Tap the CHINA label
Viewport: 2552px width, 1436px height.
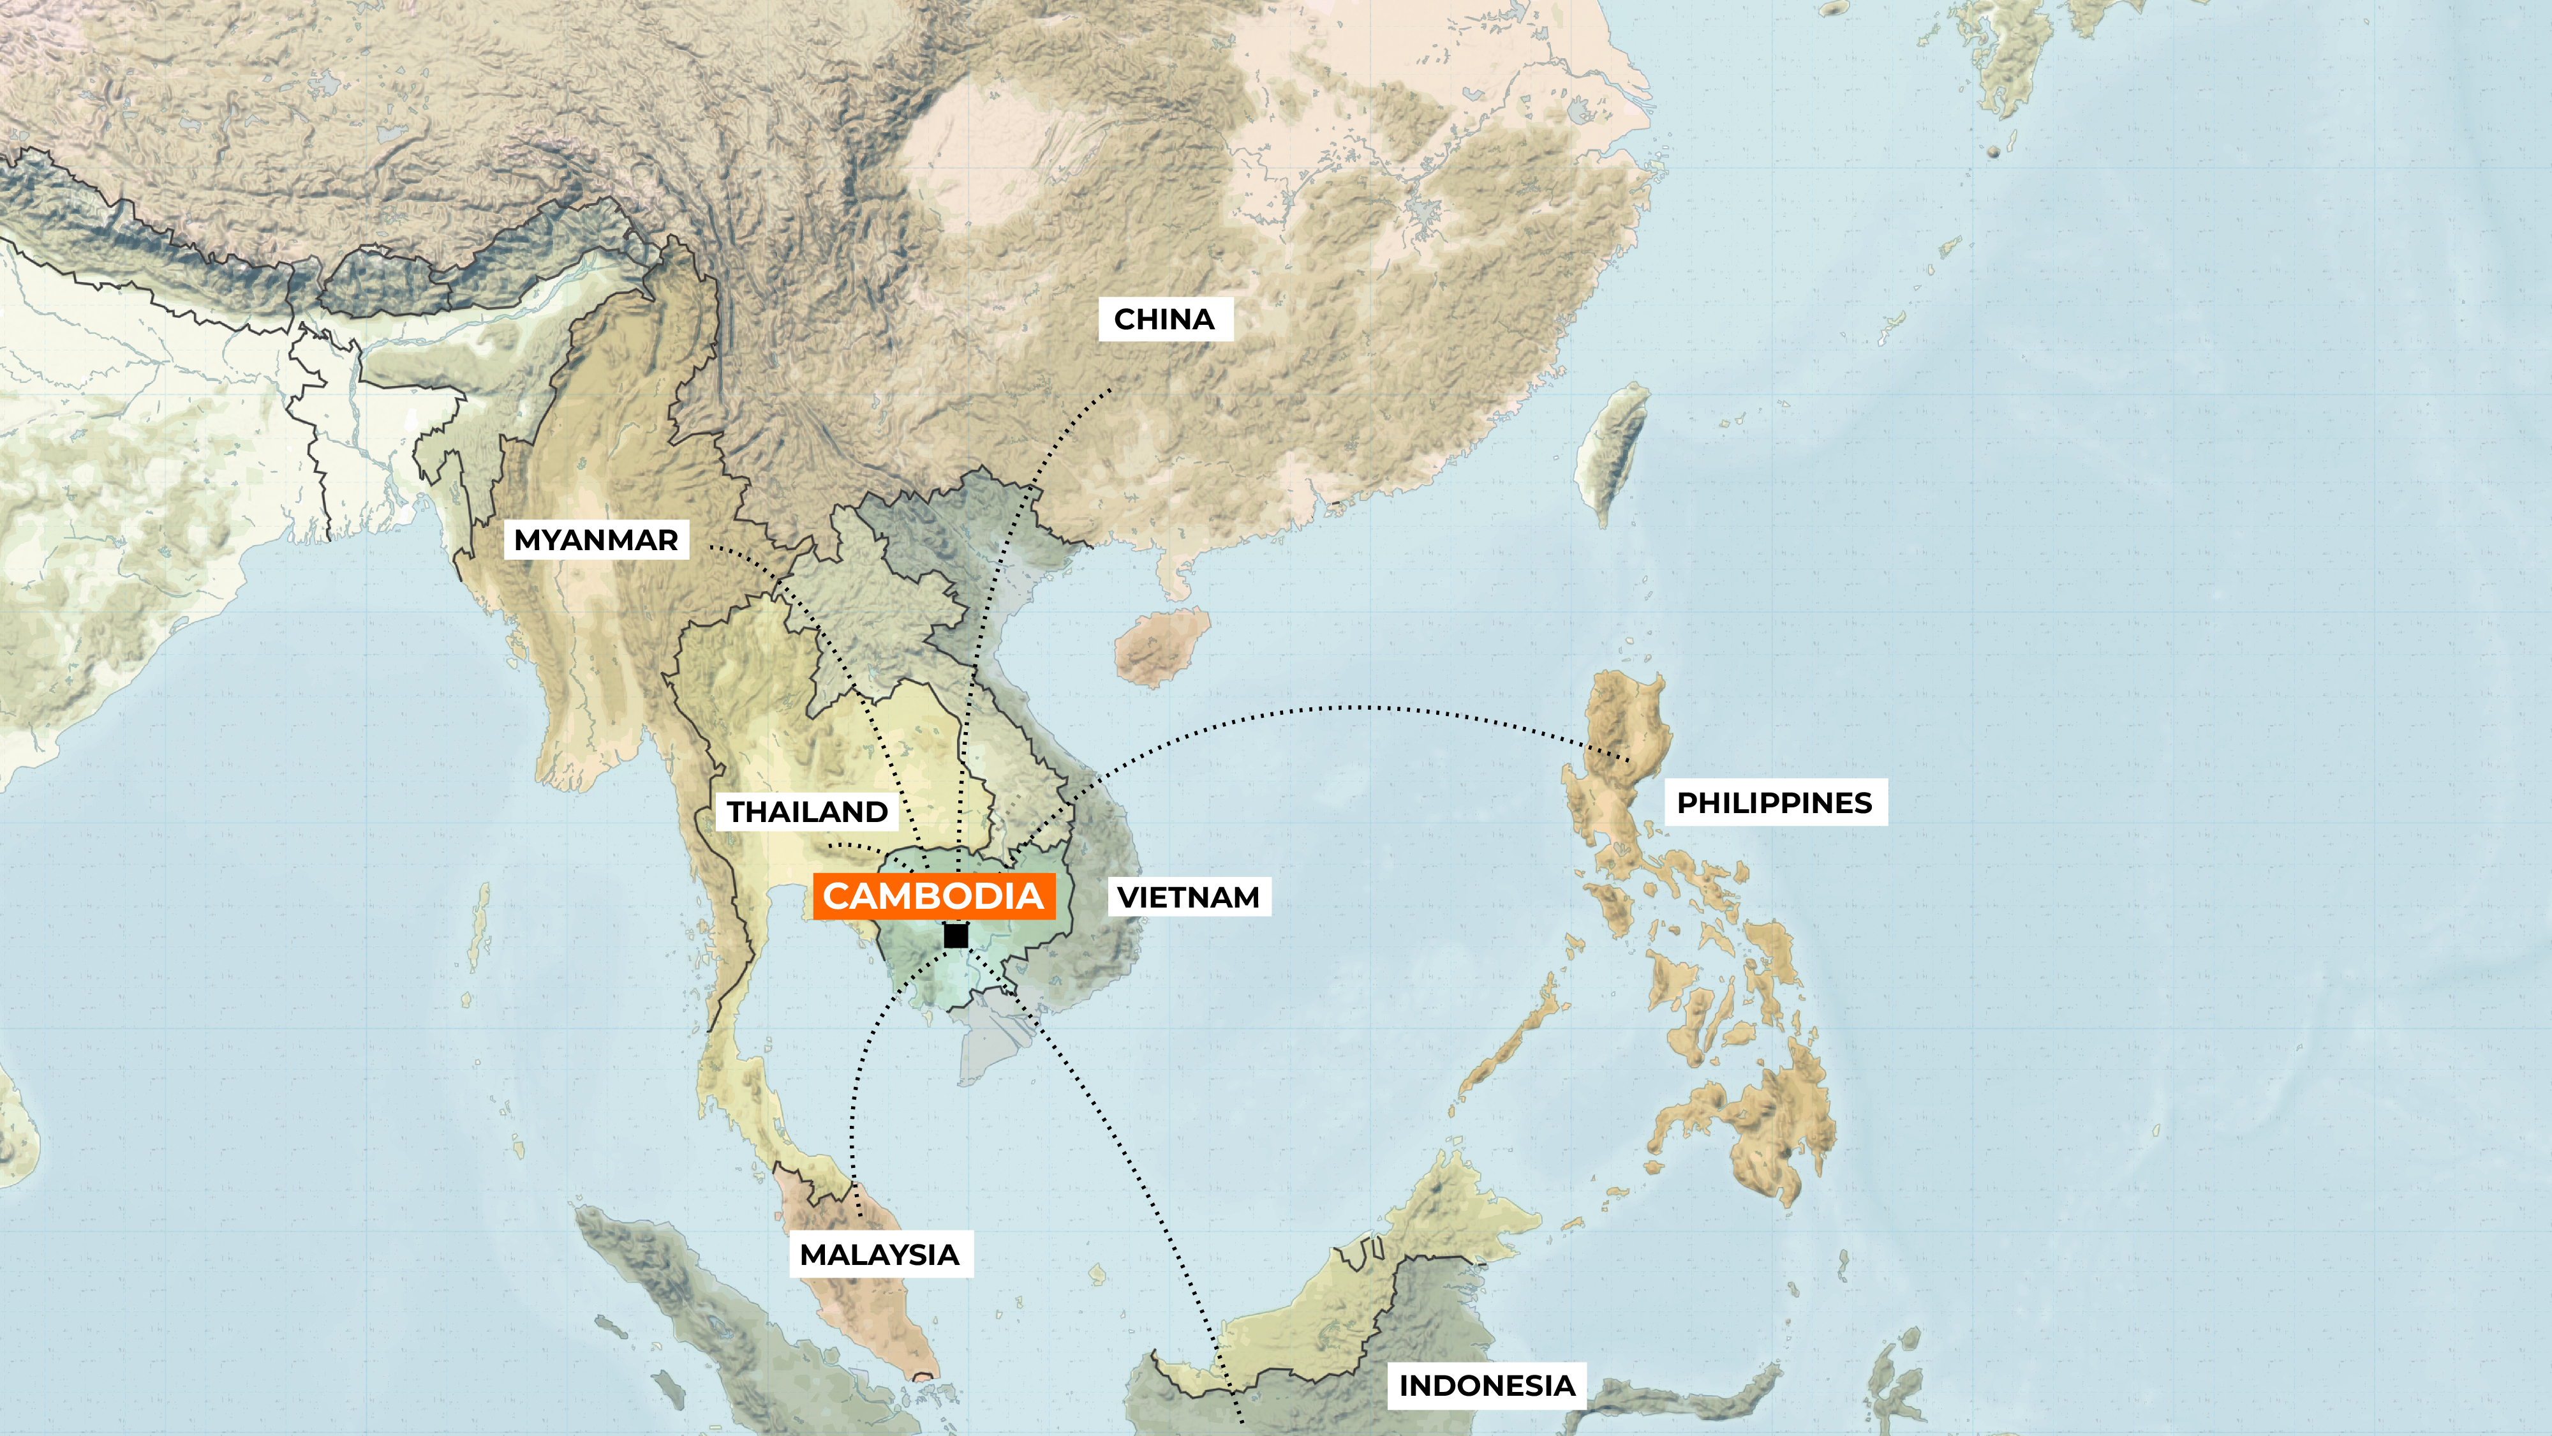point(1165,319)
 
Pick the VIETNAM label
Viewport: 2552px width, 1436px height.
point(1188,897)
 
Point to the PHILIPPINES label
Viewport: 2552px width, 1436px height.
point(1774,803)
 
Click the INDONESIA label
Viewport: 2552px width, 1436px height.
point(1486,1386)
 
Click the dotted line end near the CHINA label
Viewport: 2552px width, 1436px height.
point(1111,391)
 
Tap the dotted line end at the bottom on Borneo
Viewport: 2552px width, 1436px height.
point(1242,1421)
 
